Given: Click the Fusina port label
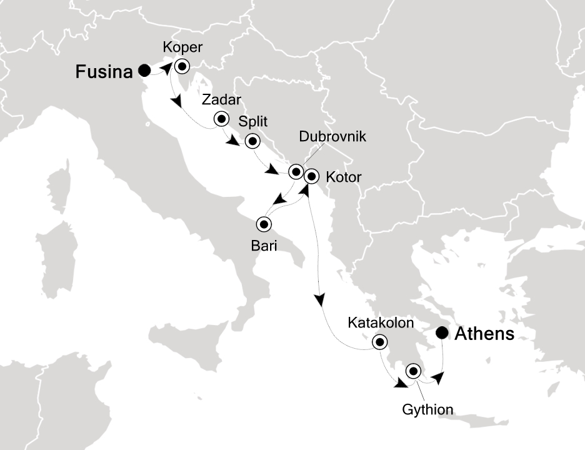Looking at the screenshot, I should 104,72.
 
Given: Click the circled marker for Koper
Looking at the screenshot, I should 182,66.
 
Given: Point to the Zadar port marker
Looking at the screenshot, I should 221,119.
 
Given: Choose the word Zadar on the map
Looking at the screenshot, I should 221,101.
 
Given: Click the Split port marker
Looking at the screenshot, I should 252,141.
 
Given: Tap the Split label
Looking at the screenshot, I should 251,122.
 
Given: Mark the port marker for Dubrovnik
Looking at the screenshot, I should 296,170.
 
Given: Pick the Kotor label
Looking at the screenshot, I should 344,177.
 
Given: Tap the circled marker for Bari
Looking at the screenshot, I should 264,224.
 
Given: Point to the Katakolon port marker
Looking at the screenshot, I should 379,342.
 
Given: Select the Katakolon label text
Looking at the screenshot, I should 380,323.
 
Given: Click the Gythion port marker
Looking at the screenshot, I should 413,371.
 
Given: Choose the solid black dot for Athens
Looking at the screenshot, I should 442,333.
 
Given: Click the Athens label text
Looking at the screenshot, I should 484,334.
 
